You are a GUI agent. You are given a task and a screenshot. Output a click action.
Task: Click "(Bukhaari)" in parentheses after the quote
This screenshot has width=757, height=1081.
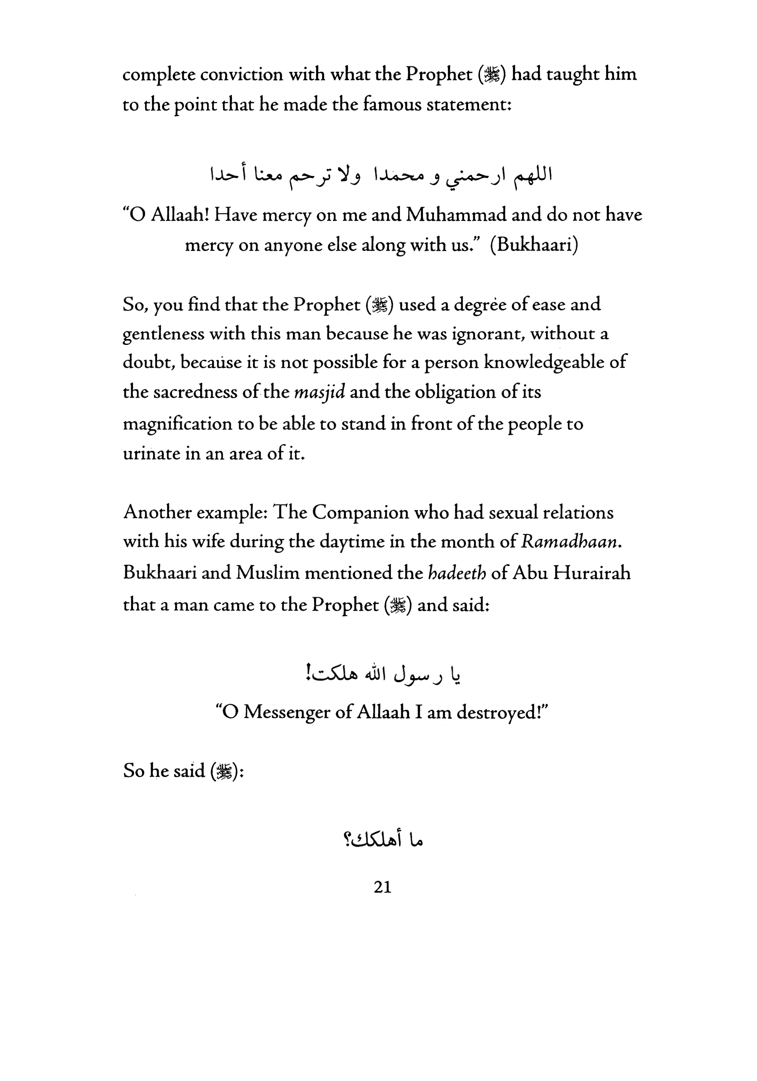[x=534, y=245]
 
